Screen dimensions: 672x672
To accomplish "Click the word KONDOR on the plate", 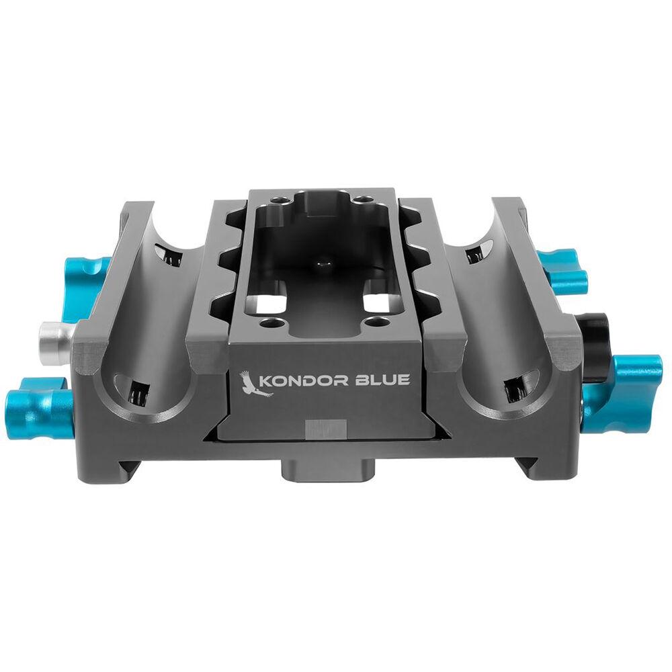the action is (x=304, y=380).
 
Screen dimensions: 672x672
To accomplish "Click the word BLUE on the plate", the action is (x=383, y=380).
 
